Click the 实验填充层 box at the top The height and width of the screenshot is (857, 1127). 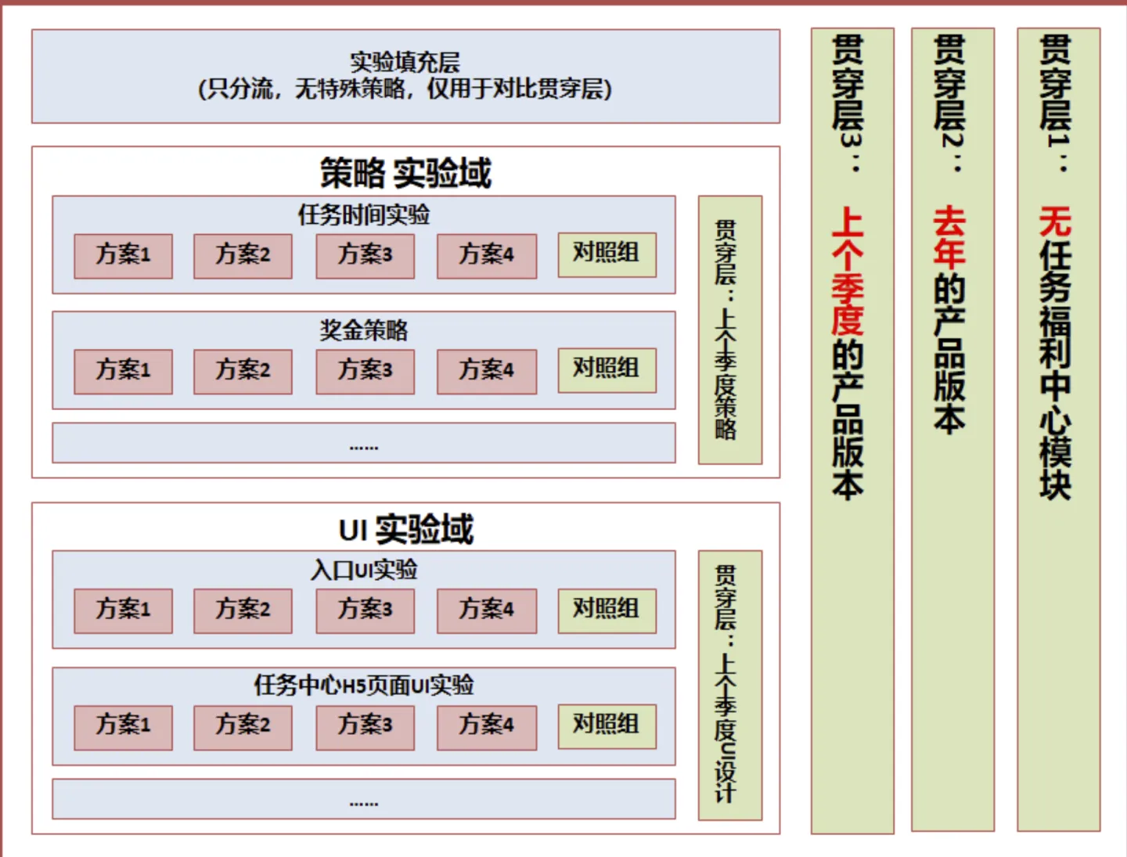point(405,76)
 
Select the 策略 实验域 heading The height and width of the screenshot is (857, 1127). point(405,173)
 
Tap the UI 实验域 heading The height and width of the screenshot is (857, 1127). point(405,530)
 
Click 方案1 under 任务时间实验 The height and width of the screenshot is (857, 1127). point(123,255)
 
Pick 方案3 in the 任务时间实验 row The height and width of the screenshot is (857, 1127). point(365,255)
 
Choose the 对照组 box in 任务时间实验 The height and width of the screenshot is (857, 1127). point(607,254)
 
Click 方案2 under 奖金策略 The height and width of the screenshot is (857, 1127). point(243,371)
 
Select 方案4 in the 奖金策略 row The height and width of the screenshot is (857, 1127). point(487,371)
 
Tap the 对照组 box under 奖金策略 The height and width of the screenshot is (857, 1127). point(607,369)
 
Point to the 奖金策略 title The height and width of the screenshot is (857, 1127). point(363,330)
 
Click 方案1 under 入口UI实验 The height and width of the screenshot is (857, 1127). point(123,610)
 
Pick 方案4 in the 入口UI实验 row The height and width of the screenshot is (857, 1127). point(487,610)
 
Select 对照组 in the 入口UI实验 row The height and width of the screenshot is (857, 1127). point(607,609)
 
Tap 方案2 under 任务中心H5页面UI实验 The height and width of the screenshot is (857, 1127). point(243,726)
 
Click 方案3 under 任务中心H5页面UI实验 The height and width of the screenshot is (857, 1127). point(365,726)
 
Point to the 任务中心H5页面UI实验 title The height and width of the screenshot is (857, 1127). point(363,686)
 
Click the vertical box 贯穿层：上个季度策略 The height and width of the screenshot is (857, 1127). point(729,329)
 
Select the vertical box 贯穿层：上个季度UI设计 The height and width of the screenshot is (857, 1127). point(729,685)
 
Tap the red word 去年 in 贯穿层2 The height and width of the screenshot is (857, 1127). point(950,236)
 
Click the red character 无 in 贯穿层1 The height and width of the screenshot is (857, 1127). point(1055,221)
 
